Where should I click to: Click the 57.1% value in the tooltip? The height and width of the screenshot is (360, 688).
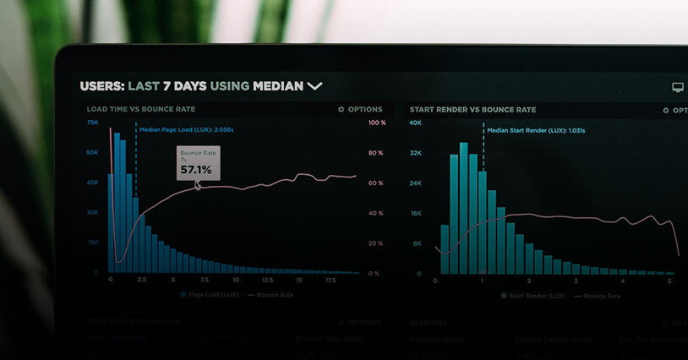[x=196, y=170]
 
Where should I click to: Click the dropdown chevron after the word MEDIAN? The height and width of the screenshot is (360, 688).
[x=314, y=85]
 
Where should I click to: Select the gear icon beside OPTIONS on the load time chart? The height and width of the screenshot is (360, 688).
[x=341, y=110]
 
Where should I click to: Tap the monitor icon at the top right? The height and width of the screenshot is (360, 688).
[x=677, y=87]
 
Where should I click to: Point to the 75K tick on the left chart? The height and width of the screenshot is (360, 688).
[x=92, y=123]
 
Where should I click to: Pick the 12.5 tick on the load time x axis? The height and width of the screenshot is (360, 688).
[x=267, y=280]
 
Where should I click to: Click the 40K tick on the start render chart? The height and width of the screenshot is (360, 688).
[x=416, y=123]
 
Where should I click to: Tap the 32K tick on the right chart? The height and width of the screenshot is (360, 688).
[x=416, y=153]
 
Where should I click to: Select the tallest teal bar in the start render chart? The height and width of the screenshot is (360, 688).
[x=464, y=208]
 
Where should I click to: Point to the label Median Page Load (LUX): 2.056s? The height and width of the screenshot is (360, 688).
[x=186, y=130]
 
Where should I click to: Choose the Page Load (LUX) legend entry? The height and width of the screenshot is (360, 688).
[x=206, y=296]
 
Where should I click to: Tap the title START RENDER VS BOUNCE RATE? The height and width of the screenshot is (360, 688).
[x=472, y=110]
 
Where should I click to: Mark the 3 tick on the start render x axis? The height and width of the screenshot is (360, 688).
[x=576, y=280]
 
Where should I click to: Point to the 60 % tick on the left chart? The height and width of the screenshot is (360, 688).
[x=376, y=183]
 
